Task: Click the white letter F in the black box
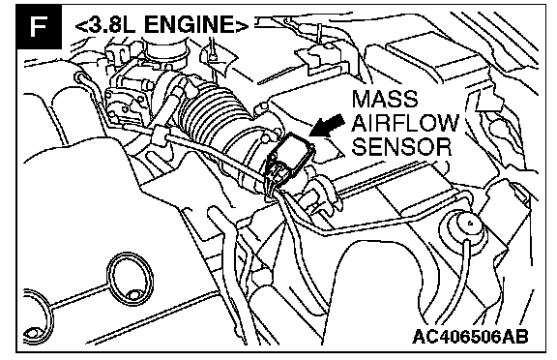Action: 38,26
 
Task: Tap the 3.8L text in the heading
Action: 112,25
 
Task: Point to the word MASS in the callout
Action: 384,99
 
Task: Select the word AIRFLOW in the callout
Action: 406,123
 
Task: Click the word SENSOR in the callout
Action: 401,146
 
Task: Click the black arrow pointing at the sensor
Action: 326,125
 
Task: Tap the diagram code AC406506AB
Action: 470,336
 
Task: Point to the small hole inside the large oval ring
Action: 133,294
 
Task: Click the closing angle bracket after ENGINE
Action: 242,25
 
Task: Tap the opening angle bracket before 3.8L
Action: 81,26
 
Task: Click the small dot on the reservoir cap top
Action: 470,224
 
